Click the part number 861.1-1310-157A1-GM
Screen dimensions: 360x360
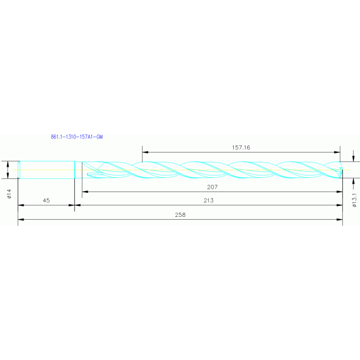[77, 137]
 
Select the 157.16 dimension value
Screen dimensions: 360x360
[241, 147]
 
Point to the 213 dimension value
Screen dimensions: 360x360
[209, 200]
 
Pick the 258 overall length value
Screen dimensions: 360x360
[180, 214]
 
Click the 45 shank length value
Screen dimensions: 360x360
[46, 200]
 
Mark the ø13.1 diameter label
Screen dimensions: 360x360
[355, 199]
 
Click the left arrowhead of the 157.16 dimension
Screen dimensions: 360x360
[145, 152]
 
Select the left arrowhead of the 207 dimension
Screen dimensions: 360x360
[85, 191]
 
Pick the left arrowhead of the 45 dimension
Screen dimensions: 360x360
[21, 205]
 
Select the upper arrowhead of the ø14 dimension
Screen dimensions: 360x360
[9, 164]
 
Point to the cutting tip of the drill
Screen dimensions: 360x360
[341, 169]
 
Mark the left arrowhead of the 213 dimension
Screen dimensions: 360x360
[78, 205]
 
